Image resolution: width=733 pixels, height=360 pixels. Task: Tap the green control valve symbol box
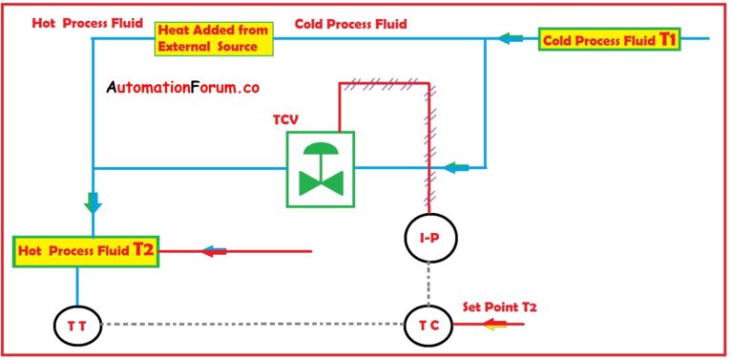point(320,169)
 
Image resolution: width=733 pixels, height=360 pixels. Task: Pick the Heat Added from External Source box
point(215,38)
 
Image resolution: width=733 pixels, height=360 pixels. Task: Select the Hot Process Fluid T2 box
point(85,251)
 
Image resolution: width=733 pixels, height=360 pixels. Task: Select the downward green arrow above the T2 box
point(94,201)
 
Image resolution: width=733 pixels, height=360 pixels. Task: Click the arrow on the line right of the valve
point(457,168)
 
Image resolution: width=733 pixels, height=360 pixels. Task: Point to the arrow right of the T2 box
point(214,251)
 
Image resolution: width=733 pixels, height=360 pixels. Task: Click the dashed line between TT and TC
point(252,325)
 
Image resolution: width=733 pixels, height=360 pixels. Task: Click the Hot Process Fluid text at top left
point(73,22)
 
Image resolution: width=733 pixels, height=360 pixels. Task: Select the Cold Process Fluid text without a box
point(350,22)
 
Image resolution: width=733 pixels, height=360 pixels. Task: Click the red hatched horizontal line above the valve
point(382,85)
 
